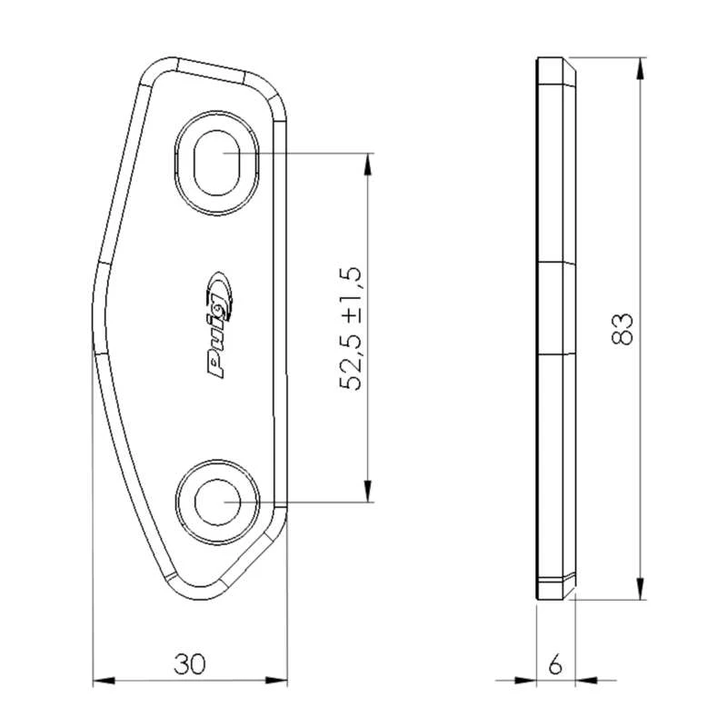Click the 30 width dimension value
coord(190,664)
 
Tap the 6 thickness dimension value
coord(555,664)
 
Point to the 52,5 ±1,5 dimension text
coord(352,329)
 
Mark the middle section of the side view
coord(555,309)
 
